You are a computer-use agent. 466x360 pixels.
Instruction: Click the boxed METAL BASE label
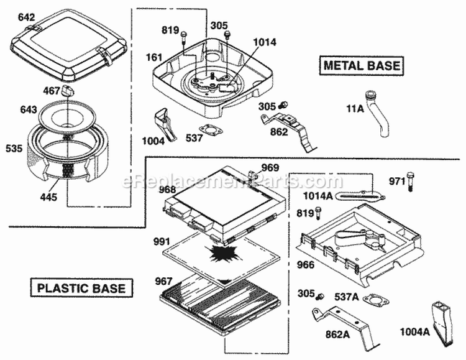click(x=360, y=65)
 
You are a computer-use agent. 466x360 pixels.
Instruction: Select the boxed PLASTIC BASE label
click(x=81, y=288)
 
